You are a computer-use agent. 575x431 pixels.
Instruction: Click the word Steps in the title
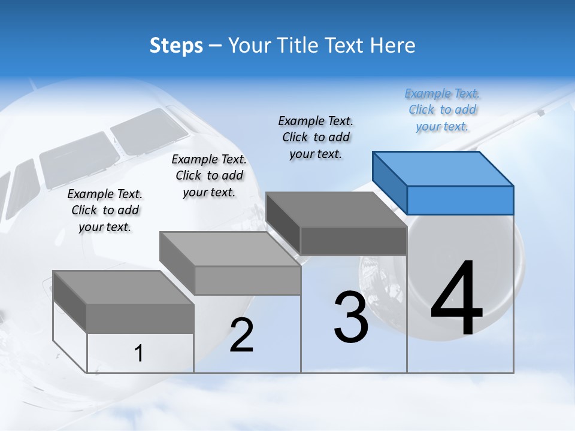[175, 45]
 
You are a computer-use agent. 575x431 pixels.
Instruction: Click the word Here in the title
[394, 45]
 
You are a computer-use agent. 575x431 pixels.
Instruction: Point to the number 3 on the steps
[350, 317]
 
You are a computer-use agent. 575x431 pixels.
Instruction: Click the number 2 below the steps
[241, 335]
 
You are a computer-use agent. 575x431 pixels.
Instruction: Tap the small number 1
[138, 353]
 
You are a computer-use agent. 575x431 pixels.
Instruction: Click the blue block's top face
[443, 168]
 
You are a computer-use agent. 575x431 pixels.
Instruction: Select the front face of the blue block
[460, 200]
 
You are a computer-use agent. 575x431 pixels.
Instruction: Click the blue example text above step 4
[443, 110]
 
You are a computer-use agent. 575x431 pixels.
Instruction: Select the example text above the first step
[105, 210]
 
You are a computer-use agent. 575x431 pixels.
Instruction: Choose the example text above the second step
[209, 175]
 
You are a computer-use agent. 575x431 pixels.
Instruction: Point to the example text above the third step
[316, 137]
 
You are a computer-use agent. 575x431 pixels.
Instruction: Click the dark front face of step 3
[353, 241]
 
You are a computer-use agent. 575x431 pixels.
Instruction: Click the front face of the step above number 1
[140, 318]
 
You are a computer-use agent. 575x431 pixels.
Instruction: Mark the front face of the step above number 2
[247, 280]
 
